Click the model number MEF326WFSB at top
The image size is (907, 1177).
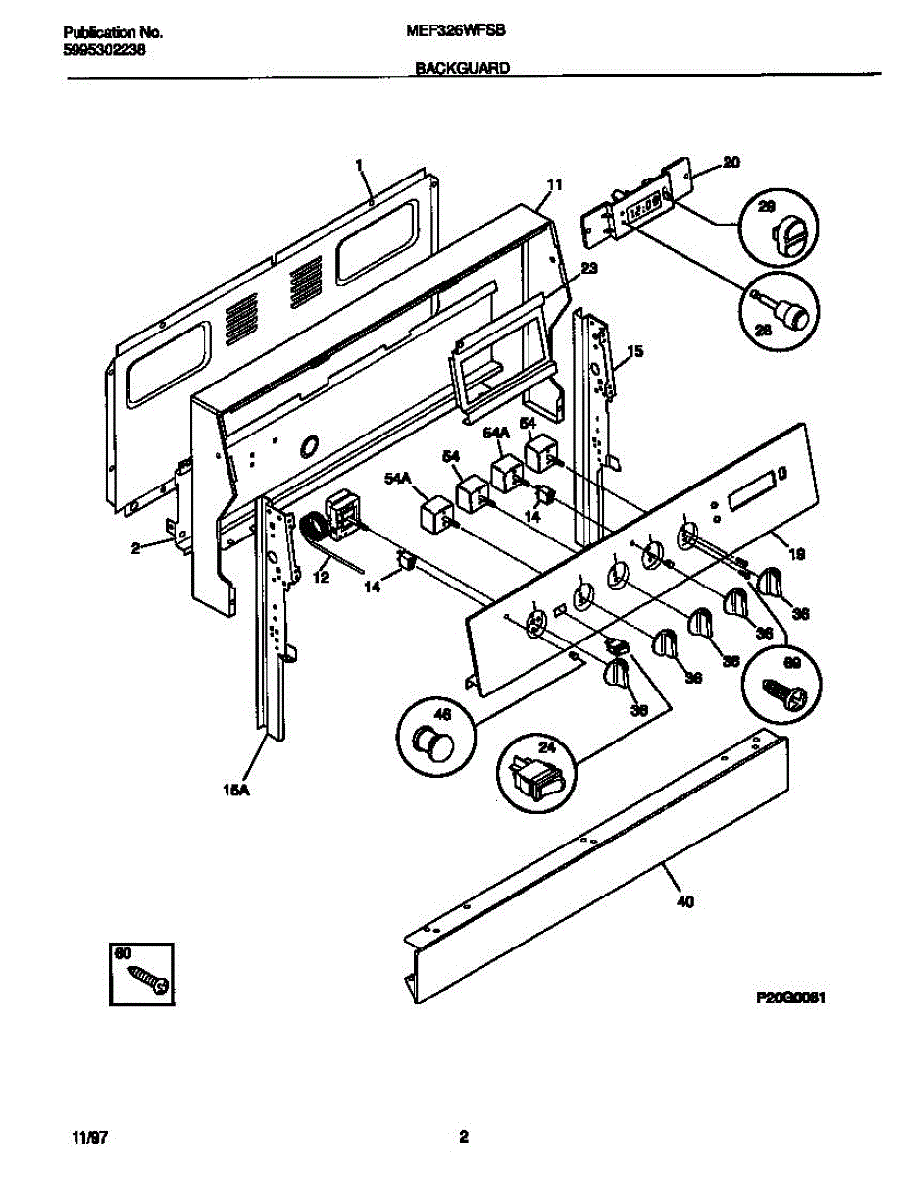click(455, 31)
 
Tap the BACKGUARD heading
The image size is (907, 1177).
click(454, 69)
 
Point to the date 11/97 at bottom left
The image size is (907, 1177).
click(89, 1138)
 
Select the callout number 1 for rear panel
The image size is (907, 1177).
click(359, 164)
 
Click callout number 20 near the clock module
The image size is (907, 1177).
click(731, 163)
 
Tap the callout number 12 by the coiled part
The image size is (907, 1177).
click(321, 579)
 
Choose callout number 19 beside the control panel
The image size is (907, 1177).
click(797, 554)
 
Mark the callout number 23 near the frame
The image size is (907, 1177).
click(588, 267)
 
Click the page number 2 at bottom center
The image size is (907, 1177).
click(464, 1138)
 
